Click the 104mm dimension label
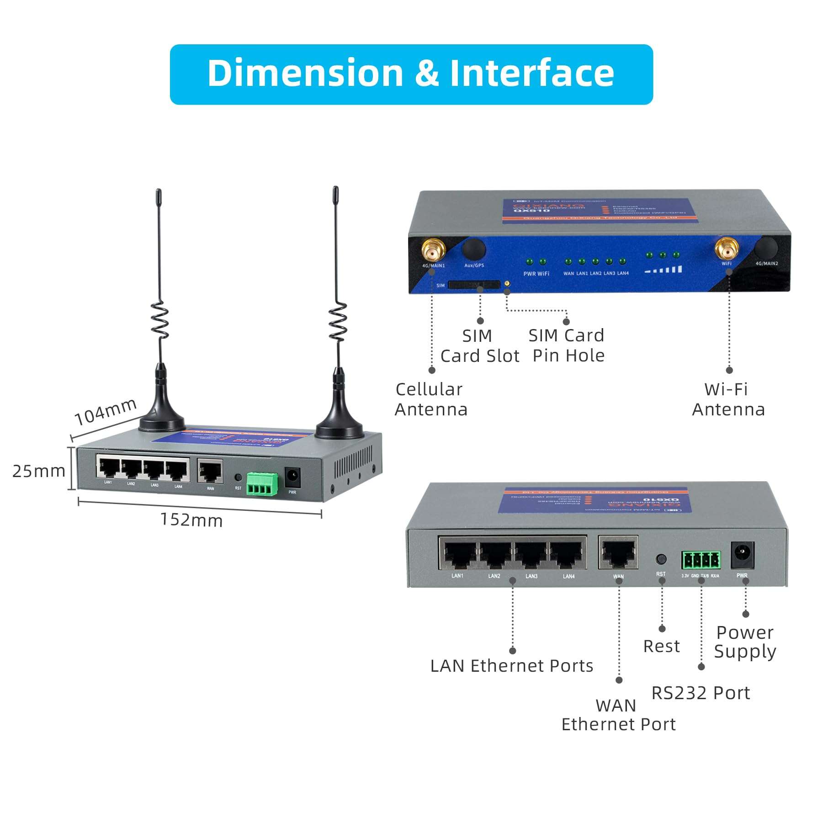pos(106,411)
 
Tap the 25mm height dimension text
pos(39,471)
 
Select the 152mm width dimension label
pos(191,520)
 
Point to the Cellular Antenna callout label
pos(430,399)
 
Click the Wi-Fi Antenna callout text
pos(728,399)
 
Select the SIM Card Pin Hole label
pos(567,345)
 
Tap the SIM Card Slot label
pos(479,346)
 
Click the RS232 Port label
pos(700,693)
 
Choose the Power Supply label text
pos(745,642)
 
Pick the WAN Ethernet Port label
pos(618,715)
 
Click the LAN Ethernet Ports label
pos(511,666)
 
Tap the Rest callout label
pos(661,646)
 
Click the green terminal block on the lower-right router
pos(701,560)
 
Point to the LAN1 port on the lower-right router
pos(458,554)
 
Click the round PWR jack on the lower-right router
pos(742,555)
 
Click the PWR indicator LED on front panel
pos(529,262)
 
